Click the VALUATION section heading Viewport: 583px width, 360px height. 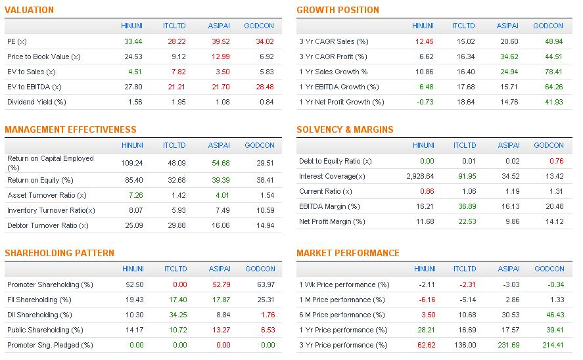(x=29, y=10)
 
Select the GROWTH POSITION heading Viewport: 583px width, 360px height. (x=337, y=10)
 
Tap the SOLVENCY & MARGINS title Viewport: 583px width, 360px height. (x=344, y=129)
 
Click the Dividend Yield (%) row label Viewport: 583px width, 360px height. (x=37, y=102)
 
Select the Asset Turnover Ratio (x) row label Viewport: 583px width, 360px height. (x=47, y=195)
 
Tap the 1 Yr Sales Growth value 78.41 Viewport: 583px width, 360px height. (x=552, y=72)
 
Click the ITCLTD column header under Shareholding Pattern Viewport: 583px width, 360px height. (x=175, y=269)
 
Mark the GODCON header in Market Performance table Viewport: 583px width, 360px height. (x=549, y=269)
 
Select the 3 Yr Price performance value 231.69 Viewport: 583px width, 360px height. (x=508, y=345)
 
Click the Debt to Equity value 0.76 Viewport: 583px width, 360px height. (x=555, y=161)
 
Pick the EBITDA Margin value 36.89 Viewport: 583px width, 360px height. (x=465, y=206)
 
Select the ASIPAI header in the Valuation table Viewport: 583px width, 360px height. (x=218, y=26)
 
